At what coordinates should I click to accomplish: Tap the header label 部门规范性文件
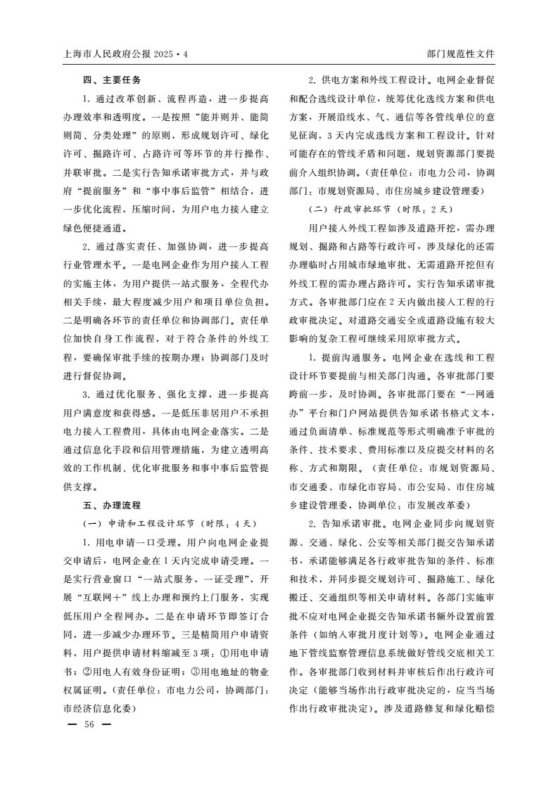(x=460, y=53)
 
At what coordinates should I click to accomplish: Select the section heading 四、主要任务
(x=112, y=79)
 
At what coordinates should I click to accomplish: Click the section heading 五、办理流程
(x=112, y=505)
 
